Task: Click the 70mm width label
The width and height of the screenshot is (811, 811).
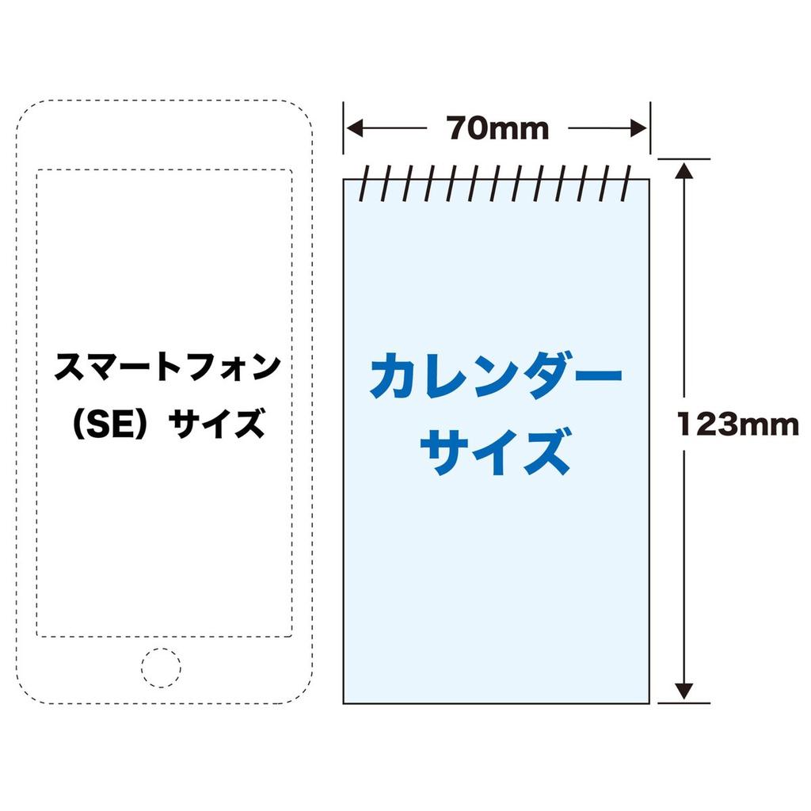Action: [497, 128]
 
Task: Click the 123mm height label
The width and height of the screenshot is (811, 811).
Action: [738, 425]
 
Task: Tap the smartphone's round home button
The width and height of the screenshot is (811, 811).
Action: [162, 668]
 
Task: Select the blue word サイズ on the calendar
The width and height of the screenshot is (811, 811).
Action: [496, 451]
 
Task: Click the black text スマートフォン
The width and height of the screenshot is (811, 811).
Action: [167, 367]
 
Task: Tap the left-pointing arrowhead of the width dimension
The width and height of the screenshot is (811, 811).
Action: [354, 128]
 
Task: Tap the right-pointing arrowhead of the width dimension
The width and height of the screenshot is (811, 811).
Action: [639, 128]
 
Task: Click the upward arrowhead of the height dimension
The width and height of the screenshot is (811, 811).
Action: [683, 171]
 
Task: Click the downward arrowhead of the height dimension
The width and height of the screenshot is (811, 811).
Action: [683, 691]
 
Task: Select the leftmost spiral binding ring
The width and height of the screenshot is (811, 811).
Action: [364, 183]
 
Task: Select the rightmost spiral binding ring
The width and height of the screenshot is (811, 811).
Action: [626, 183]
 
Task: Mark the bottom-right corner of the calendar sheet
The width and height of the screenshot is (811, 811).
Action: [649, 703]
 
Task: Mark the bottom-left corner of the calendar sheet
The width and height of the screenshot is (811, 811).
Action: [344, 703]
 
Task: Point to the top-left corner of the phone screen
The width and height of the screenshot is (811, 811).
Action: [36, 169]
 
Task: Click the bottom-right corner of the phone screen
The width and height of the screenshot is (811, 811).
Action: [292, 637]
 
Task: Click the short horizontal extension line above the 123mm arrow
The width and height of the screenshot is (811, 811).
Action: [683, 159]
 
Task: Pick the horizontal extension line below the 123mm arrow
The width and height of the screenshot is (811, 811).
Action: [683, 703]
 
